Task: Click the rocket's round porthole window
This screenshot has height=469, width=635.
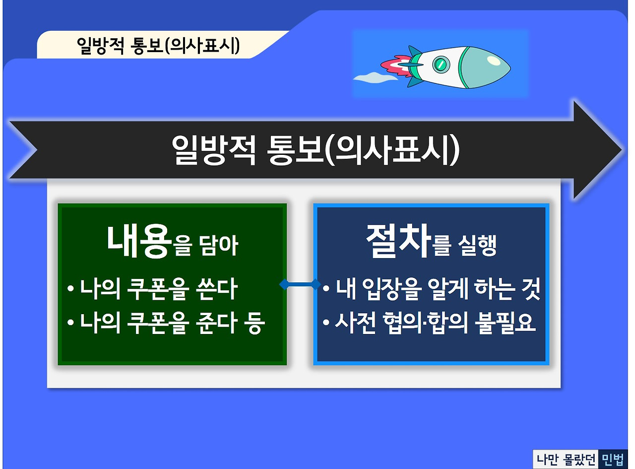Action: tap(441, 64)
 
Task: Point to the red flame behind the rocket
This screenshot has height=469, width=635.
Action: tap(396, 66)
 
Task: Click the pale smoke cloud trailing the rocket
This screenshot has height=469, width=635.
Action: tap(375, 77)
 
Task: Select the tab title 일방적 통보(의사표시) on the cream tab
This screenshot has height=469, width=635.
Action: tap(158, 45)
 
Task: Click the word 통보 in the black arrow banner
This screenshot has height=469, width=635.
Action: tap(296, 149)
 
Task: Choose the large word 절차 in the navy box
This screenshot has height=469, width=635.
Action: tap(398, 241)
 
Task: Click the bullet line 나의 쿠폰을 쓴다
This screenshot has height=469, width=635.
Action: tap(152, 288)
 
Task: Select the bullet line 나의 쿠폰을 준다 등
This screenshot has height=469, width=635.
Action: tap(166, 323)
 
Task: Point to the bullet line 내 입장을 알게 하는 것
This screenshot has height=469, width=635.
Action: tap(431, 288)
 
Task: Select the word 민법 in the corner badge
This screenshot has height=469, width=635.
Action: tap(612, 459)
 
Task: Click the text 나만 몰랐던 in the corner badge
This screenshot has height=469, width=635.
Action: tap(566, 459)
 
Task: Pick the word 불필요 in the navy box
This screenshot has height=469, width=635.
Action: tap(505, 323)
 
